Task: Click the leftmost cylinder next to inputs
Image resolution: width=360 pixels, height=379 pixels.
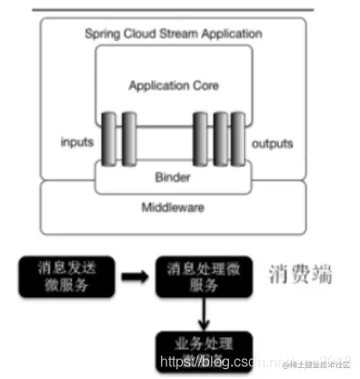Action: coord(109,142)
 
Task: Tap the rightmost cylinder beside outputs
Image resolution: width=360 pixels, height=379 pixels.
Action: coord(238,142)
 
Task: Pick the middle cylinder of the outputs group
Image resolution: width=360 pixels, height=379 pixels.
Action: coord(220,142)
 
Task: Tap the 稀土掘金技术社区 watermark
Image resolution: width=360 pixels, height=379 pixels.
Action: coord(318,364)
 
